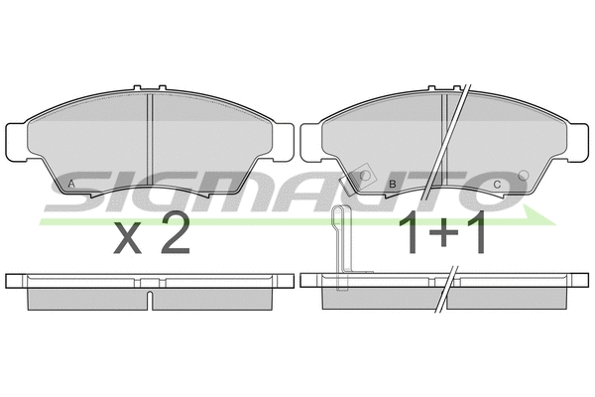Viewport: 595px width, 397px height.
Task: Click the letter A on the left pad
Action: [x=71, y=184]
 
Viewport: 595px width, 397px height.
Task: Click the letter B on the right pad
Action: [x=393, y=185]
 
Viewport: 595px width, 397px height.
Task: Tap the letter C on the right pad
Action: [x=497, y=185]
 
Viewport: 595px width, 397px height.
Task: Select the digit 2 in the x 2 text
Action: [x=176, y=232]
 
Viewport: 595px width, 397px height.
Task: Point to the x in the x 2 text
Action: [x=128, y=239]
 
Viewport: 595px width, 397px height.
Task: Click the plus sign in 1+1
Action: [x=443, y=232]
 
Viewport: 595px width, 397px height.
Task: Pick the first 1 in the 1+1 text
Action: [x=409, y=232]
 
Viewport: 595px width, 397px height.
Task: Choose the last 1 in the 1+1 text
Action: [x=476, y=232]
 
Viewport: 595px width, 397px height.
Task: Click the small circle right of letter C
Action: [x=524, y=175]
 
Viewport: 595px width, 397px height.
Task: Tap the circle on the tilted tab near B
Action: [x=365, y=175]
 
